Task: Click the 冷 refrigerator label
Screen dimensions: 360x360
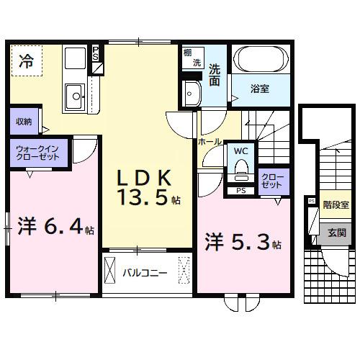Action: point(26,62)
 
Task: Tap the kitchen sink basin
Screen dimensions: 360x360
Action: point(73,94)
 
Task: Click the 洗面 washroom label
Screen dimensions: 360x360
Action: point(215,76)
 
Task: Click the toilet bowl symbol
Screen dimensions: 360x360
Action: point(241,171)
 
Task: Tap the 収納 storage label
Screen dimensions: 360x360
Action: point(23,122)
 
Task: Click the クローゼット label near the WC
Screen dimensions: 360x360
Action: point(272,180)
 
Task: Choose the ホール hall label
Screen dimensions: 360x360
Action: point(210,143)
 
